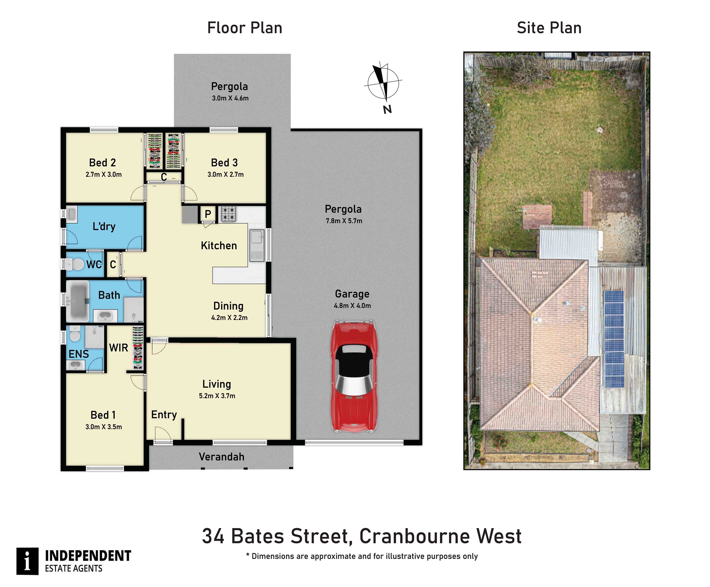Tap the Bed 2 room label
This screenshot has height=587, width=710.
point(102,163)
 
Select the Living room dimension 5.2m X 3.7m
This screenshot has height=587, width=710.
point(217,396)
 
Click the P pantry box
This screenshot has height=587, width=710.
point(208,214)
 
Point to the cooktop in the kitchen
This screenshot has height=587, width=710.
point(228,214)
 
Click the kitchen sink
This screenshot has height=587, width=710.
point(257,245)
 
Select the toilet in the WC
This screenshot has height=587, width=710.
point(75,264)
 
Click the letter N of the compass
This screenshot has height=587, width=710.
point(387,109)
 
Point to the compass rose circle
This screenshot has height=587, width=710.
point(383,83)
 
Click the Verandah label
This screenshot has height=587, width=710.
point(222,457)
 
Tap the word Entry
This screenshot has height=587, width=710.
point(164,415)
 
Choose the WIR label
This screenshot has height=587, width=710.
point(119,348)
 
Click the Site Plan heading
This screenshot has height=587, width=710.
point(549,28)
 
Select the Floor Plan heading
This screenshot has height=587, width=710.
point(245,28)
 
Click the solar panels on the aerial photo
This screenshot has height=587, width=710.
point(614,339)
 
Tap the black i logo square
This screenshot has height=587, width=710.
point(27,561)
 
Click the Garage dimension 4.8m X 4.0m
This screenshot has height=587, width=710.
point(352,306)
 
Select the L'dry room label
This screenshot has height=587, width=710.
point(104,226)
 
